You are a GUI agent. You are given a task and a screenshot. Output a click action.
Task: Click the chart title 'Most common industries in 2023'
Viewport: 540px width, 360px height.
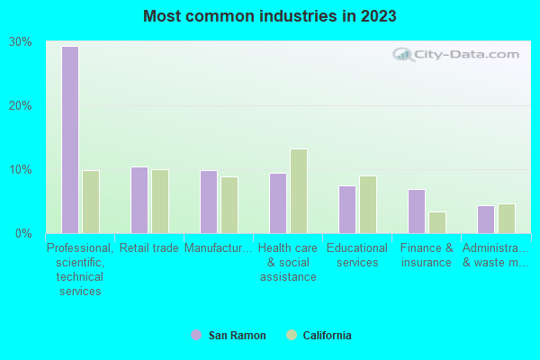[x=269, y=16]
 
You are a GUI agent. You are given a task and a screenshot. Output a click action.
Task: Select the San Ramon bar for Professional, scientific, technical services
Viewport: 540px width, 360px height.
[x=69, y=139]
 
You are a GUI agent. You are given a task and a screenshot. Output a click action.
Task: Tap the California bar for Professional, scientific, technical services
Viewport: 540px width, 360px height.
[x=91, y=202]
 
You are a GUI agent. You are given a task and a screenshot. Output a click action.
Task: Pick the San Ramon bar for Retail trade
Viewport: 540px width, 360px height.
[x=139, y=200]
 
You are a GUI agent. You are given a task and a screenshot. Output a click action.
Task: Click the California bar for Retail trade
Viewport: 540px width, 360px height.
[x=160, y=202]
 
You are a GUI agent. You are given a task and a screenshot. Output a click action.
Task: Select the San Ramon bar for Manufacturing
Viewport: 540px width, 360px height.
[x=208, y=202]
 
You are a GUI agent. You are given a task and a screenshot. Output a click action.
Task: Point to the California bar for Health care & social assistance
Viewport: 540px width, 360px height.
[x=299, y=191]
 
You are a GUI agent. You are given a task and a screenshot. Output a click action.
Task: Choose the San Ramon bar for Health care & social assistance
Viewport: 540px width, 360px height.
[x=277, y=203]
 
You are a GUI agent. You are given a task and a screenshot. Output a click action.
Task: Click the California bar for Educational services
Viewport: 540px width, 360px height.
[x=368, y=204]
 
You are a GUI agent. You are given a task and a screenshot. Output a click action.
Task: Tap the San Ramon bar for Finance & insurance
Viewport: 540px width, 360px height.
[x=416, y=211]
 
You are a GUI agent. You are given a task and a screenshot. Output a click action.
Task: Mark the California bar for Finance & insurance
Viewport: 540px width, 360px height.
[x=437, y=222]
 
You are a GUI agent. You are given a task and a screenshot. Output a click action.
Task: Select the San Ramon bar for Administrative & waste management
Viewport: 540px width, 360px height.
[x=485, y=220]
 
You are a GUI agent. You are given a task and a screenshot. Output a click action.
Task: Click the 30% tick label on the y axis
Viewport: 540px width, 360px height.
[x=21, y=42]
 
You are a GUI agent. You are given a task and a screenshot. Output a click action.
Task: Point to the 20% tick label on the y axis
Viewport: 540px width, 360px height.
[x=21, y=105]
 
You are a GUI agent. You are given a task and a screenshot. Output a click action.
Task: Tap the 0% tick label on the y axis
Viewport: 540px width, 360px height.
[x=24, y=233]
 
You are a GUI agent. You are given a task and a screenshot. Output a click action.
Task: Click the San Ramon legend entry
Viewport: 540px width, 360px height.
[x=229, y=336]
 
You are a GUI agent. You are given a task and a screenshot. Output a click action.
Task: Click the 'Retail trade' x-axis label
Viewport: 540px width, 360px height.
[x=149, y=248]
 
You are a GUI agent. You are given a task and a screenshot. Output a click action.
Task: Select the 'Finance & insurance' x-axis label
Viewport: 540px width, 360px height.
[x=427, y=256]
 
